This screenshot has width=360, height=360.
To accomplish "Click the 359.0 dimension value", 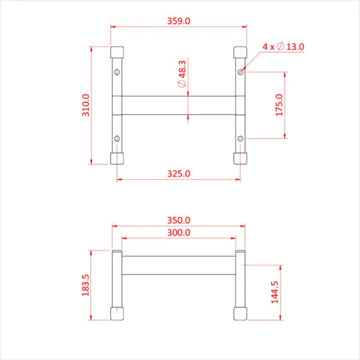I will click(179, 21).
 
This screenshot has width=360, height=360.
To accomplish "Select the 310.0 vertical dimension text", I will click(85, 105).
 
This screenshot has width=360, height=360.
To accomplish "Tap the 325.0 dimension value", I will click(179, 174).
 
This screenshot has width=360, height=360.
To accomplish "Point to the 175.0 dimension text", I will click(280, 105).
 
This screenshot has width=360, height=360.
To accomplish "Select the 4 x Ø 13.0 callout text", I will click(283, 47).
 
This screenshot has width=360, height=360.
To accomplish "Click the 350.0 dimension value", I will click(179, 220).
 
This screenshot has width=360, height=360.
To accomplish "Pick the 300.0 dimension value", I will click(179, 232).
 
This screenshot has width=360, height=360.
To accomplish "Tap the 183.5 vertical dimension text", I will click(85, 286).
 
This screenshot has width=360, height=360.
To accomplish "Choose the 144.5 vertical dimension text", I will click(275, 292).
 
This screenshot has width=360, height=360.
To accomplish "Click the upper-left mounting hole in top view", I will click(116, 72).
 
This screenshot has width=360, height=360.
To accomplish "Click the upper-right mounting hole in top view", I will click(240, 72).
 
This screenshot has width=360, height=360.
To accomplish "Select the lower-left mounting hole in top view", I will click(116, 138).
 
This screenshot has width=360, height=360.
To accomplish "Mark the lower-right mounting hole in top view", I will click(240, 138).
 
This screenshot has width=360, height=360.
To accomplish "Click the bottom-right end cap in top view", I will click(240, 157).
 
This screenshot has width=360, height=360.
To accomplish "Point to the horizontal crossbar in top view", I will click(178, 105).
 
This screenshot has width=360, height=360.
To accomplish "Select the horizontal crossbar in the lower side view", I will click(178, 265).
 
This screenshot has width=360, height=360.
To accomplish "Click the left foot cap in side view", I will click(116, 314).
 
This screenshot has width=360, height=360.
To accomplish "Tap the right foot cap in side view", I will click(240, 314).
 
